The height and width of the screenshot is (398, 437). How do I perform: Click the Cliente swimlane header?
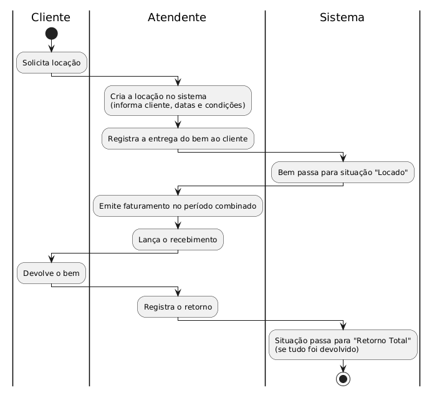[50, 17]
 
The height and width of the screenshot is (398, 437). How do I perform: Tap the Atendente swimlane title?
[177, 17]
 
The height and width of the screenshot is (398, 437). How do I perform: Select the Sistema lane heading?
[342, 17]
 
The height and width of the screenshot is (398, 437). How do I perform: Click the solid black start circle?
[52, 34]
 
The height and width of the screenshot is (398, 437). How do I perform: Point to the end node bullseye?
[343, 379]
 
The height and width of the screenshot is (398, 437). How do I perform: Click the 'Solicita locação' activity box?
[52, 63]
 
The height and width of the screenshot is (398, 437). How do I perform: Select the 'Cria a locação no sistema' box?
[178, 100]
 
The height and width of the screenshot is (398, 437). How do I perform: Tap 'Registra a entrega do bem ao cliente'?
[178, 139]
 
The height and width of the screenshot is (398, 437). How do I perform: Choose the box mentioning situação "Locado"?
[343, 172]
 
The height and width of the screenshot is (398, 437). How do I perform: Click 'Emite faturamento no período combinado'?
[178, 206]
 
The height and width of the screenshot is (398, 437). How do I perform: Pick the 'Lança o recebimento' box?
[178, 240]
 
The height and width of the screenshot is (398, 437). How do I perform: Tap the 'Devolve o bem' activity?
[52, 273]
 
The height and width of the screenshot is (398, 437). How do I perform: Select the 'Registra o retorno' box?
[178, 306]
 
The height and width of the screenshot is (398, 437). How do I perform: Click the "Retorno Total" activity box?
[343, 345]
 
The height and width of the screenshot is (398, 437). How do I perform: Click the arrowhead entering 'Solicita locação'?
[52, 49]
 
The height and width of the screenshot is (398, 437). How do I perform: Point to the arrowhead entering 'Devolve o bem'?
[52, 259]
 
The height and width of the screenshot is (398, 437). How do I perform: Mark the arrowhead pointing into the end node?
[343, 369]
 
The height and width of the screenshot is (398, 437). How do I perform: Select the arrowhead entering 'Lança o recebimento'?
[178, 226]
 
